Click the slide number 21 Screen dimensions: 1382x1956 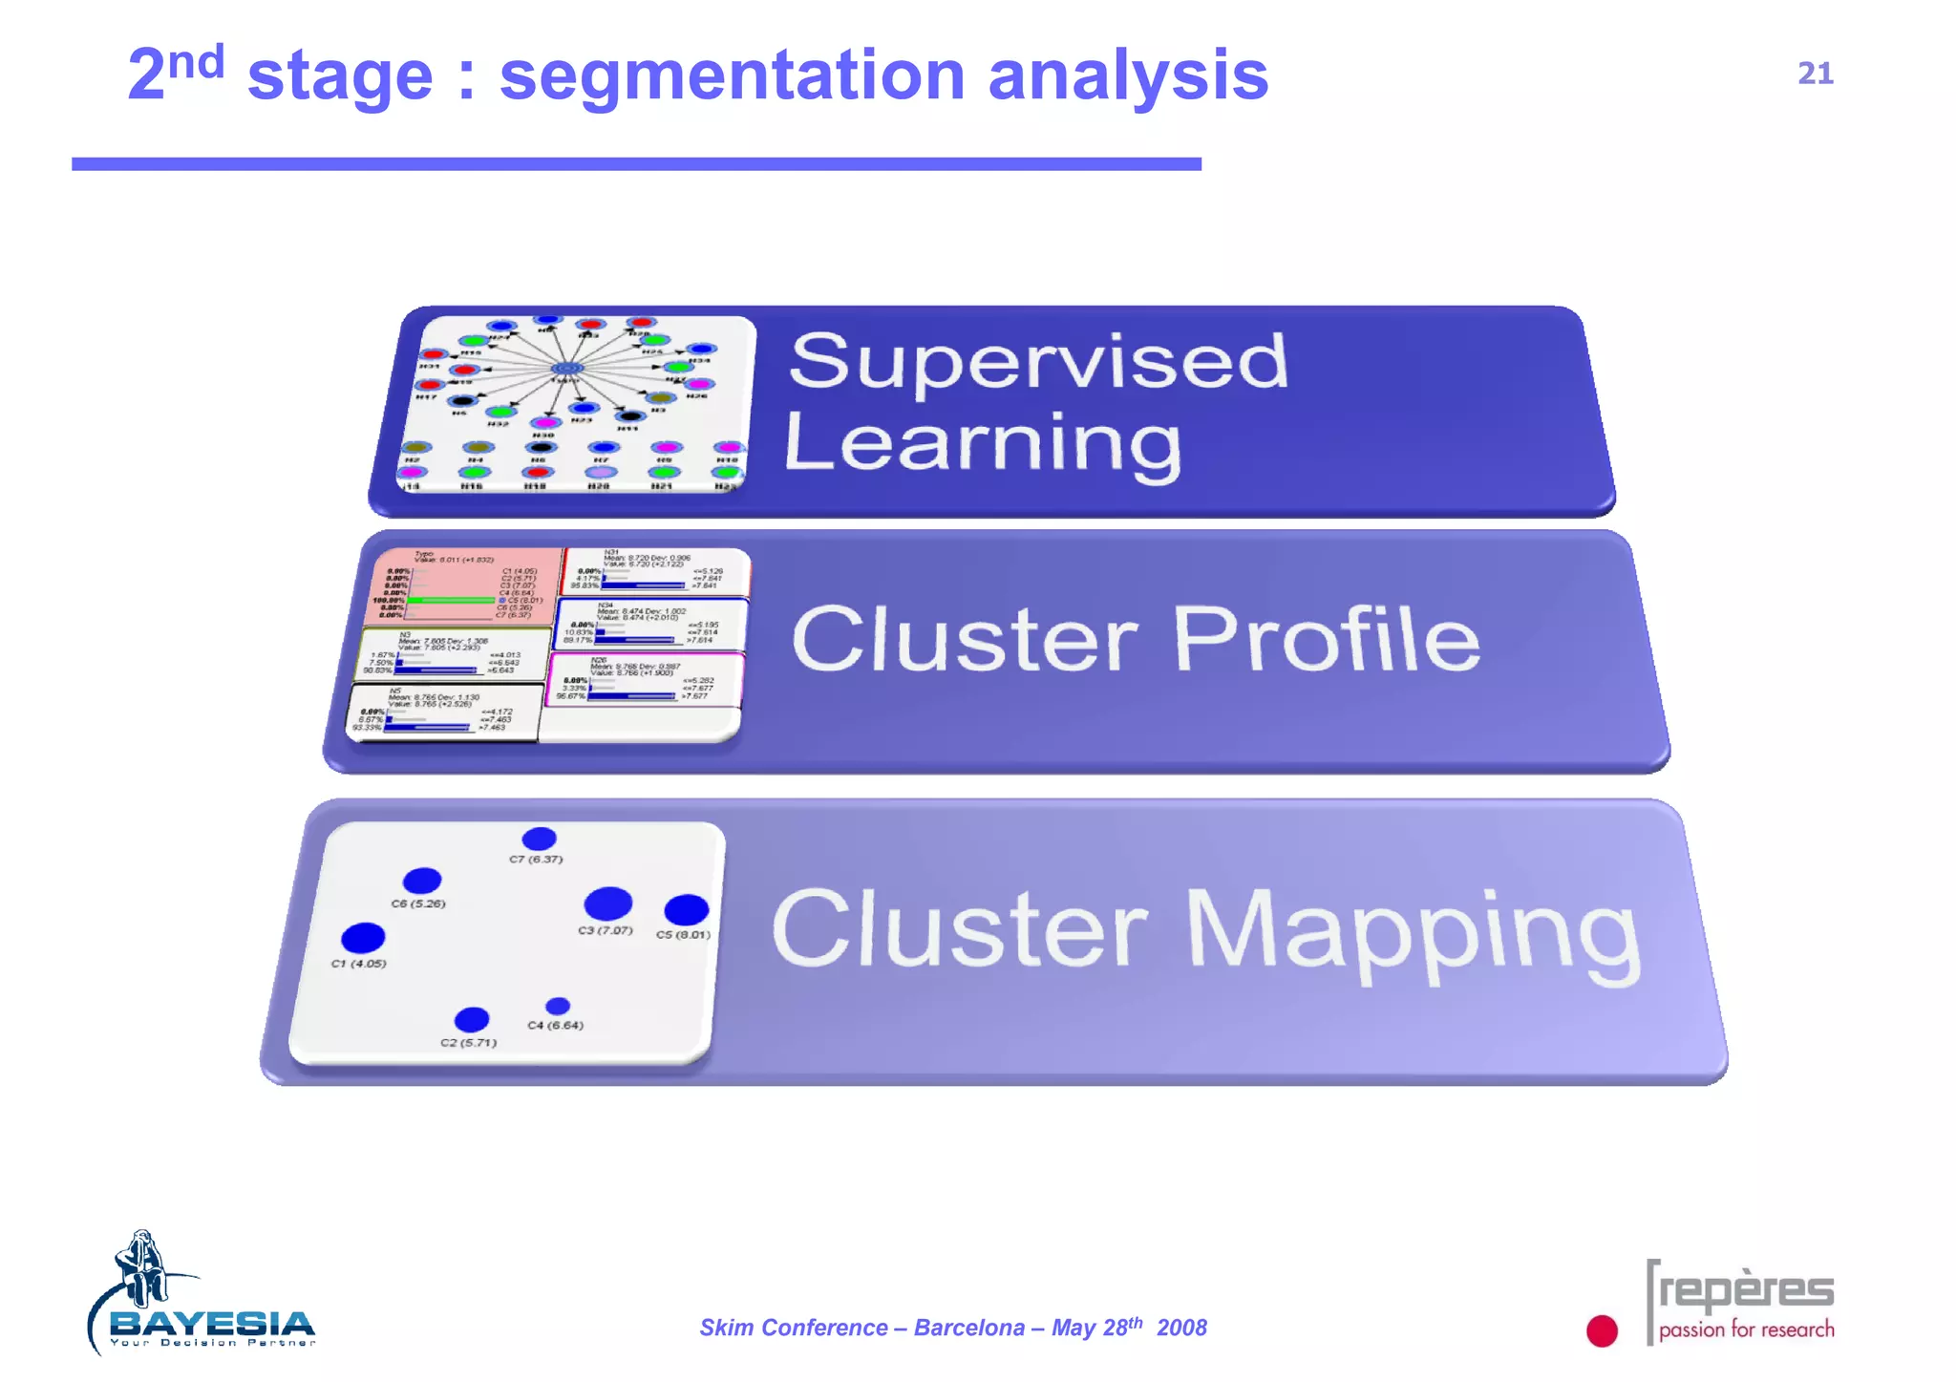pos(1815,74)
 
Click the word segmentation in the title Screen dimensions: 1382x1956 pos(732,76)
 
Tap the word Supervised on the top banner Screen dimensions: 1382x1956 pos(1038,361)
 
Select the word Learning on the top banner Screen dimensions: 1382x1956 pos(983,444)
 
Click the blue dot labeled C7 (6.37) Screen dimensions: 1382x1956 pos(540,839)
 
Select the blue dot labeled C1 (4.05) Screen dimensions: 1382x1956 pos(363,938)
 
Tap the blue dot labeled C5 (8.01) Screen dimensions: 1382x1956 pos(686,909)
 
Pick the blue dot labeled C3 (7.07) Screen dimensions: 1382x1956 pos(607,903)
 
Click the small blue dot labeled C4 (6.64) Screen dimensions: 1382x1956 pos(558,1006)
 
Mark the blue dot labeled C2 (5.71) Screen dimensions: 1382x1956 pos(472,1020)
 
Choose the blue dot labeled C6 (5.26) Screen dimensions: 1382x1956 pos(422,880)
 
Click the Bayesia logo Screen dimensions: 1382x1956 pos(201,1299)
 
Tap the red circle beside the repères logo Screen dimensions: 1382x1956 pos(1602,1330)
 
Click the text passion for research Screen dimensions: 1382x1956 pos(1746,1329)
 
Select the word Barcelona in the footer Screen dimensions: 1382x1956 pos(968,1328)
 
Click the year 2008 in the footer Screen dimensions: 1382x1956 pos(1181,1328)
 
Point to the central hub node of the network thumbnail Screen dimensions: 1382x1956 pos(567,369)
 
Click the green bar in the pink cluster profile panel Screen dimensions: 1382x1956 pos(450,600)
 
